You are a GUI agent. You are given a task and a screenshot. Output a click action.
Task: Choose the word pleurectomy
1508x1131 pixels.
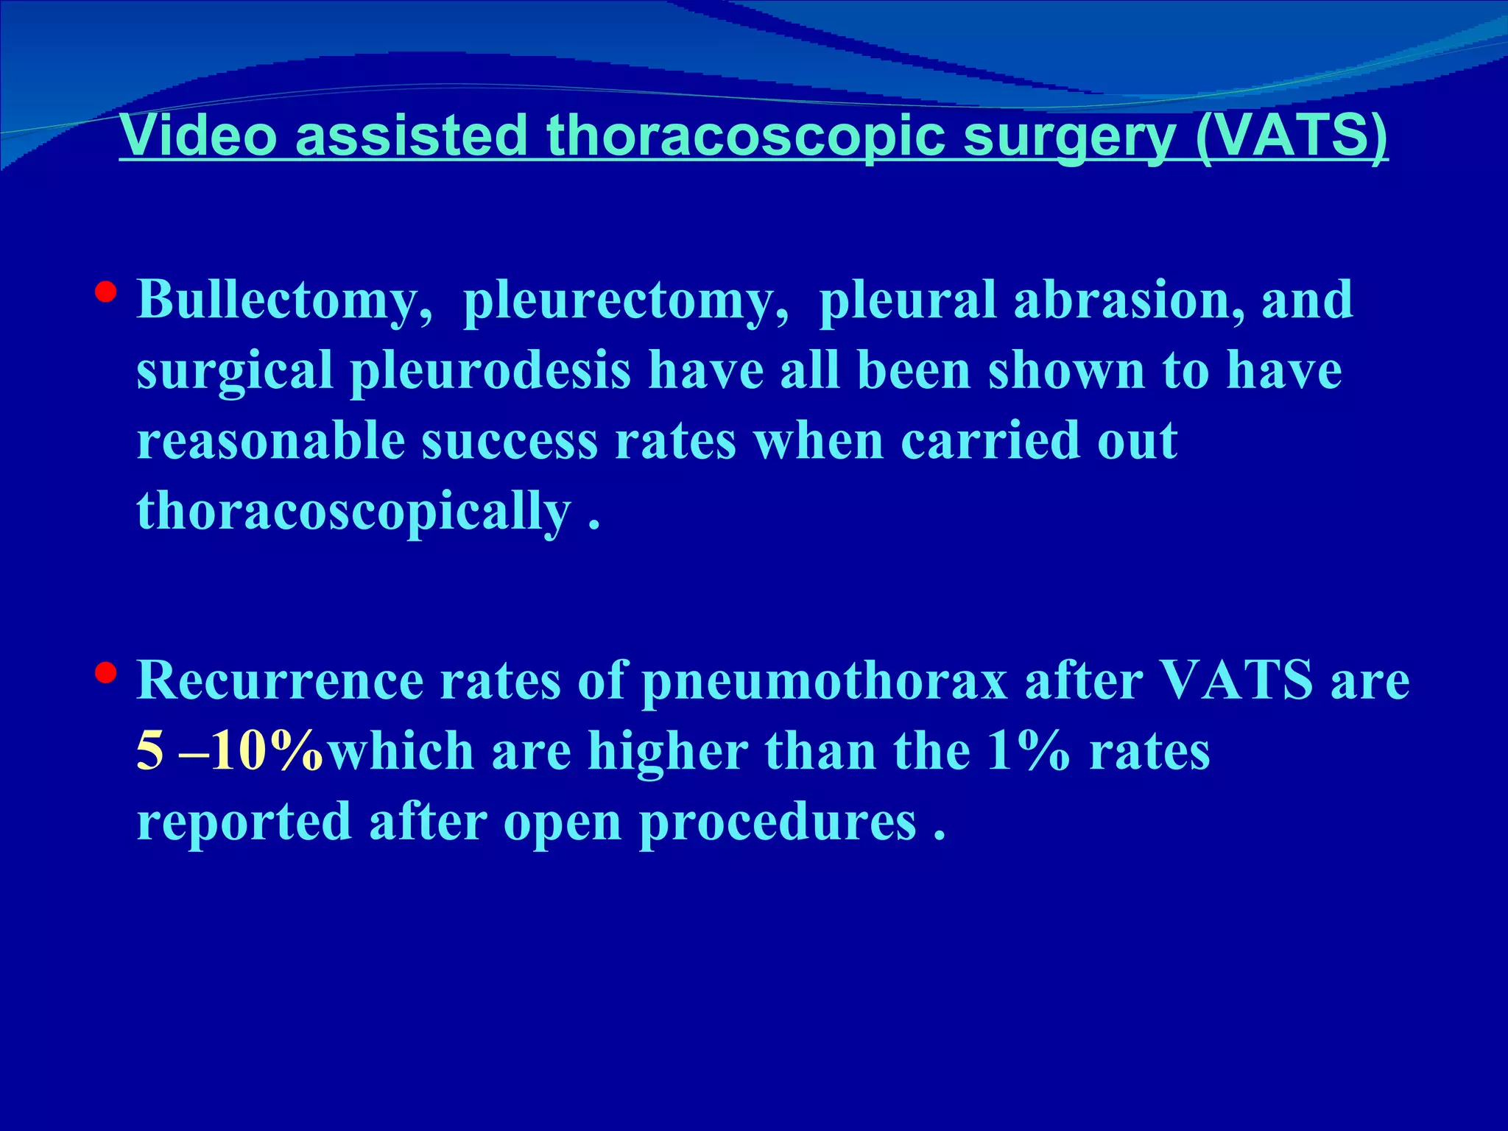click(627, 301)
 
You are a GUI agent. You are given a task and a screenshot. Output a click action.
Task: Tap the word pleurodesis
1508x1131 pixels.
click(490, 370)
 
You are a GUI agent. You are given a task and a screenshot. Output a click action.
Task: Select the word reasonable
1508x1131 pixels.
click(271, 440)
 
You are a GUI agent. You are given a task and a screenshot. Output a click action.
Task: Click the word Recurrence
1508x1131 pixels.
click(280, 680)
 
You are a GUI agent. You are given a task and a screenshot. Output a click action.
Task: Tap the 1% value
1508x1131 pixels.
click(1028, 751)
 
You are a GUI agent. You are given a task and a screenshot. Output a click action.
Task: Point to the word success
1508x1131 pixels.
click(509, 440)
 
